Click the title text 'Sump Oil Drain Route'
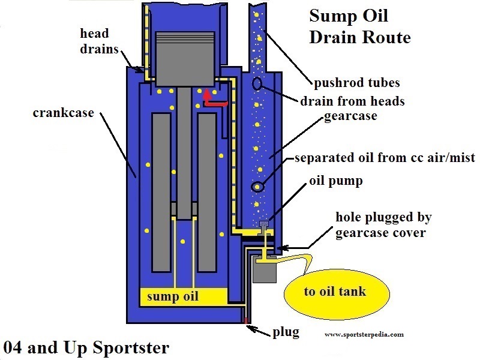pos(359,26)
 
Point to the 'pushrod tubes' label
pos(358,82)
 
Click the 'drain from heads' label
pos(352,101)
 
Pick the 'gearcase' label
pos(350,116)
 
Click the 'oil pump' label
pos(336,181)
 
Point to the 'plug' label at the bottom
pos(285,331)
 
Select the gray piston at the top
pos(185,54)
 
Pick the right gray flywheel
pos(207,192)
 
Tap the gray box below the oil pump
pos(263,271)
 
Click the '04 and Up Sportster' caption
pos(86,347)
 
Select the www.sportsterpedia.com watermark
pos(364,334)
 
